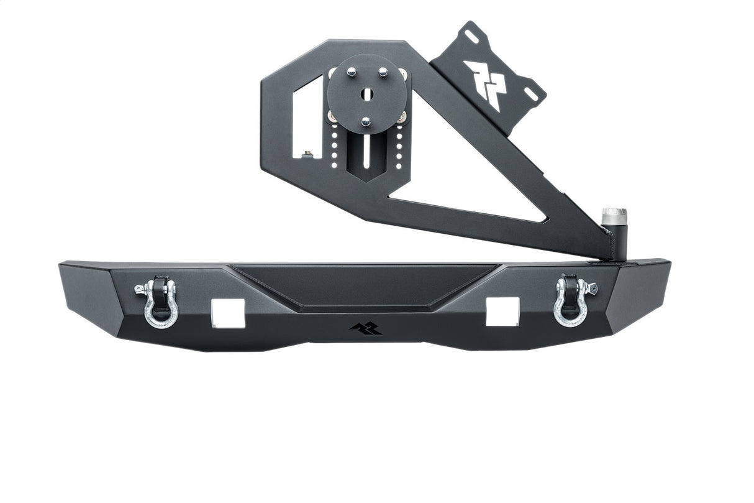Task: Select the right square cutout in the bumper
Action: [502, 311]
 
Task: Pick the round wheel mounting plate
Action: [367, 94]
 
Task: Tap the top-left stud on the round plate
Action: [352, 72]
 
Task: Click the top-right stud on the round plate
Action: [383, 72]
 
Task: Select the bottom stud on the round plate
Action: [366, 122]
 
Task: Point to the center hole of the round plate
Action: [367, 94]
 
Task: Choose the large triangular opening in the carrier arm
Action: [472, 187]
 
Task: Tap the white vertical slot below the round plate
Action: [367, 152]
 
